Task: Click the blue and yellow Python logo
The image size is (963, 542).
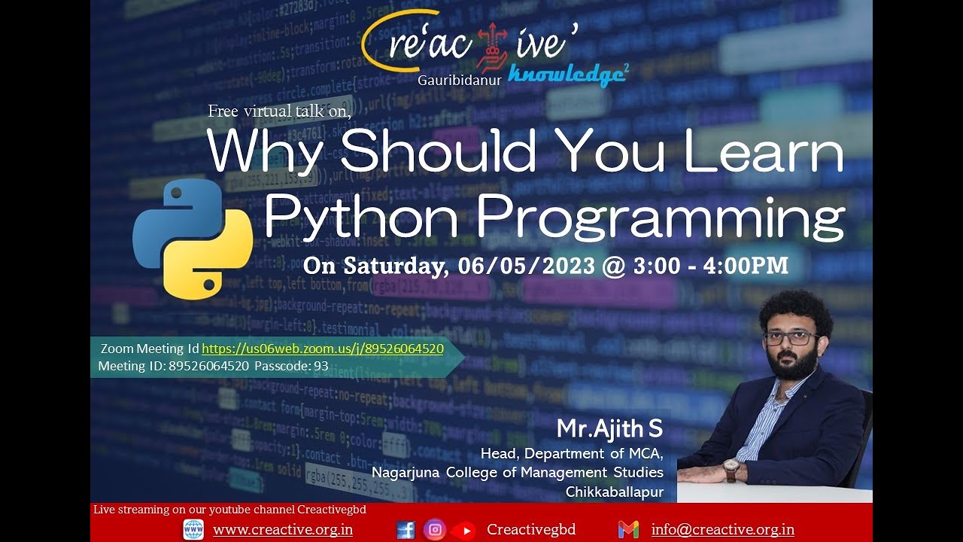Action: (x=193, y=239)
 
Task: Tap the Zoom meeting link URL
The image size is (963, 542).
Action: (x=323, y=349)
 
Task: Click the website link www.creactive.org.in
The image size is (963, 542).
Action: (x=283, y=529)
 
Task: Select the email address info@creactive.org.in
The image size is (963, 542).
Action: (x=722, y=529)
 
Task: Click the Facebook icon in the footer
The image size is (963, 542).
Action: (x=406, y=530)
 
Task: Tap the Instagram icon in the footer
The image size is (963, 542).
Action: (x=434, y=530)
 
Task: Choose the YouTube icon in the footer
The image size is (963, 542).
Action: (x=463, y=531)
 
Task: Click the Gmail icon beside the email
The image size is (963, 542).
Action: (x=628, y=530)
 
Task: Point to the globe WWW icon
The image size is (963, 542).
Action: (x=193, y=530)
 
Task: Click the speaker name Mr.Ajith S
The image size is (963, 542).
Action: (x=609, y=429)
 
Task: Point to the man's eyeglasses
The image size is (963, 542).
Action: (x=790, y=338)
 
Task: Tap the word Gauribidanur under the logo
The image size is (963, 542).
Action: (x=460, y=80)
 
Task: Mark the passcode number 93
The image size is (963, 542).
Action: (x=321, y=366)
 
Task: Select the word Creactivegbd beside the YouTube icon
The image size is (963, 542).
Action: (x=531, y=529)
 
